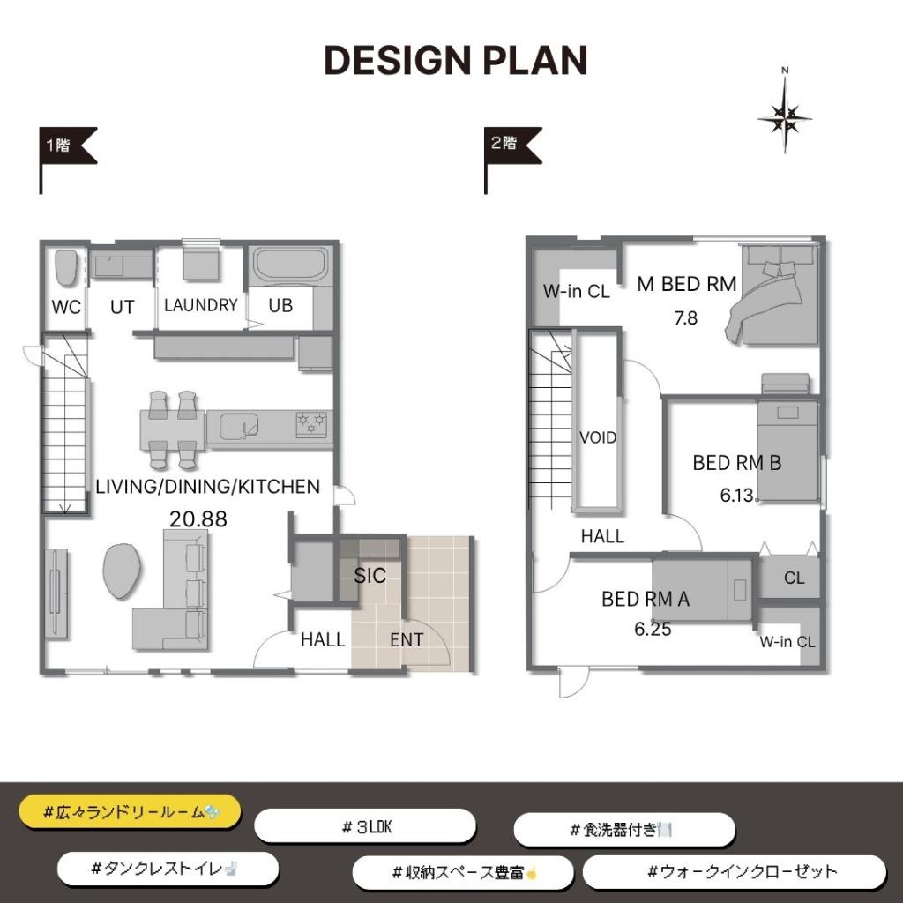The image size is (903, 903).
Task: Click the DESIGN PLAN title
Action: point(456,61)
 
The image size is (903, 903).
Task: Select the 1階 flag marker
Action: point(67,160)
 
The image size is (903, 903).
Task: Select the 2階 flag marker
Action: point(512,160)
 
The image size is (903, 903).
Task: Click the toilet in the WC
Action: point(66,267)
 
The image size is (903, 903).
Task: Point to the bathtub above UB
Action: point(290,265)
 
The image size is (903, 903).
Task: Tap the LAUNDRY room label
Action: point(201,304)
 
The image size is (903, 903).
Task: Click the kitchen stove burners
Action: point(311,424)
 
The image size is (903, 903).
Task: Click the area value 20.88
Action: point(198,519)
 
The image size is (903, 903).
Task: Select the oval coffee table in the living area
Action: point(121,571)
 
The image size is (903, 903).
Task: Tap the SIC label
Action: point(369,575)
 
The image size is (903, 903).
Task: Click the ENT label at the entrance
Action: point(407,640)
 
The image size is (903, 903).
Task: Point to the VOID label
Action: point(598,437)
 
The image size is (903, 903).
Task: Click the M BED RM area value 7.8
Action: point(686,317)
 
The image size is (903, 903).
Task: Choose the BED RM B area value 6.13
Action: point(737,495)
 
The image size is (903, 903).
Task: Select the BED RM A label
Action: point(646,599)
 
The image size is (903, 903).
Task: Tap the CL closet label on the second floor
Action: point(795,578)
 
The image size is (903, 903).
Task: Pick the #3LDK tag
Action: point(365,827)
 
